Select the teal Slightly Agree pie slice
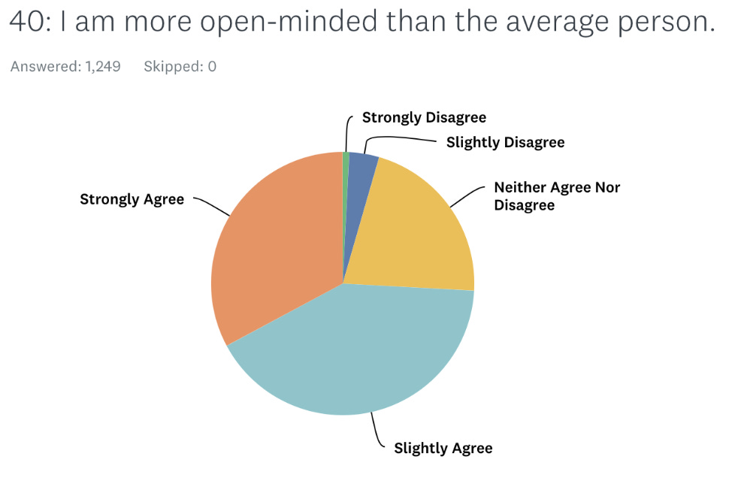[x=353, y=353]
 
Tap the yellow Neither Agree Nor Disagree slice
[x=413, y=225]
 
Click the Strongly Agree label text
[x=132, y=199]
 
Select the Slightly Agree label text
[x=443, y=449]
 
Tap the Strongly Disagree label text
[x=424, y=117]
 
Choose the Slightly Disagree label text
[x=505, y=142]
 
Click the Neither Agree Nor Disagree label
[x=556, y=196]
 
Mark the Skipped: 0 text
[x=180, y=66]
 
